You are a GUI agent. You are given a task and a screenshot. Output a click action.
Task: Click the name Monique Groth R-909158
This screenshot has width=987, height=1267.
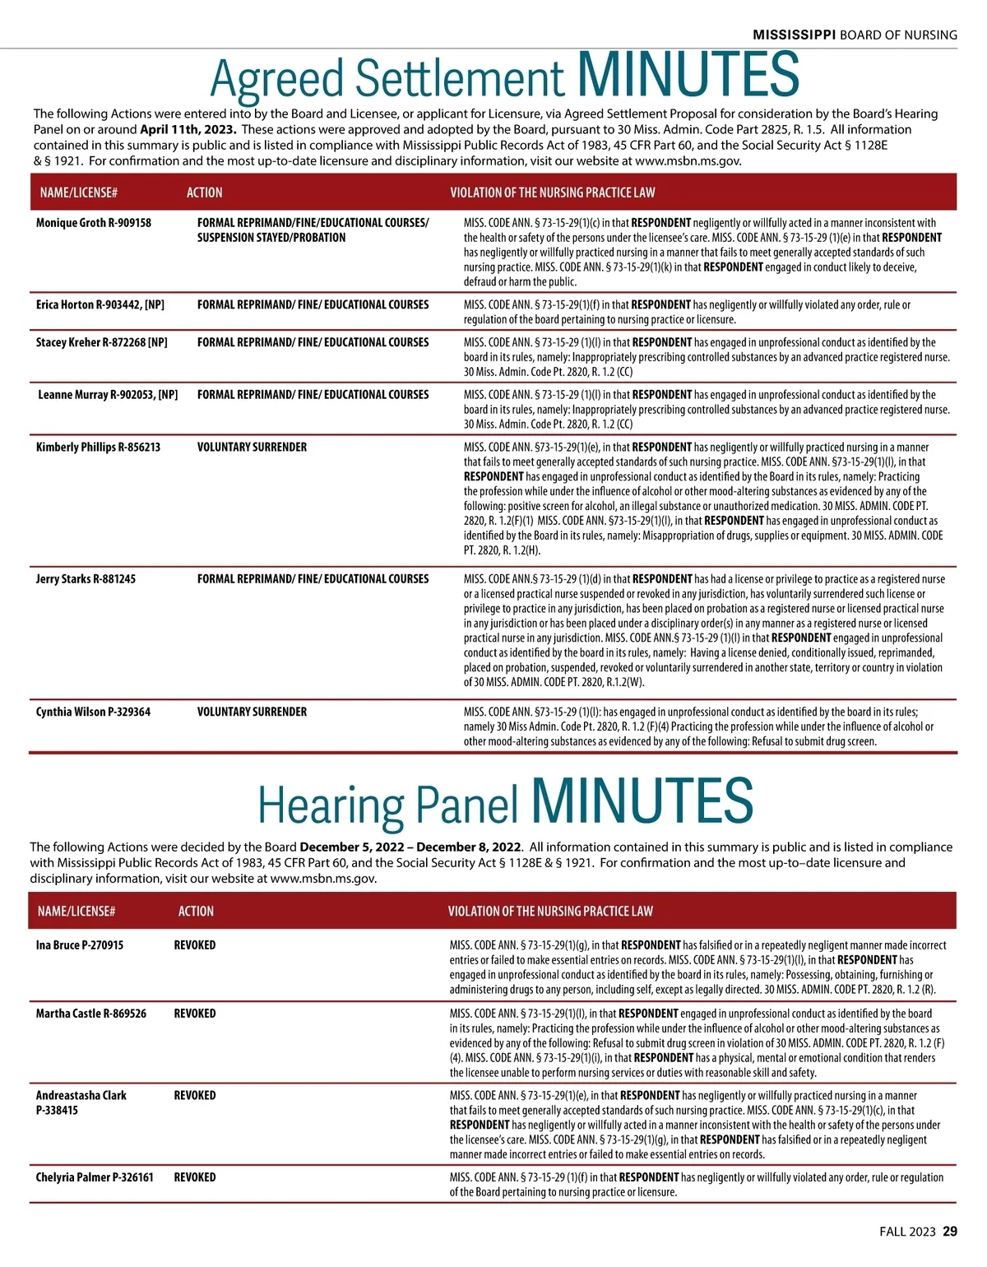pyautogui.click(x=94, y=223)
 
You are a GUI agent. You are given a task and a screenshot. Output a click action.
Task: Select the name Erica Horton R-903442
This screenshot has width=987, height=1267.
pyautogui.click(x=100, y=305)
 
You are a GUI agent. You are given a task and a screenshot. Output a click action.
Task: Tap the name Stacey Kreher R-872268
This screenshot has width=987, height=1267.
pyautogui.click(x=101, y=342)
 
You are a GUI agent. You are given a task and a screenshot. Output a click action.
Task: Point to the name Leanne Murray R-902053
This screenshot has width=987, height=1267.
pyautogui.click(x=108, y=395)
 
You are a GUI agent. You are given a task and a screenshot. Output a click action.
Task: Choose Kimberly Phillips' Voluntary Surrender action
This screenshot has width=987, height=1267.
pyautogui.click(x=252, y=448)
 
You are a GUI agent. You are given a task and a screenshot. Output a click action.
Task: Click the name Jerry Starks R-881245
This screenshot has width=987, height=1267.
pyautogui.click(x=86, y=579)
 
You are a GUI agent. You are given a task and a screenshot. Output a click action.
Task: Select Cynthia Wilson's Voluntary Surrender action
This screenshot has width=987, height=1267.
pyautogui.click(x=252, y=712)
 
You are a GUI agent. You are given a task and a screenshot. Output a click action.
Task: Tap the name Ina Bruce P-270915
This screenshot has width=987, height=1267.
pyautogui.click(x=80, y=945)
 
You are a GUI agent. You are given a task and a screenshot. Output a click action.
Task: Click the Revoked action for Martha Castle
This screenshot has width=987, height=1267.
pyautogui.click(x=195, y=1014)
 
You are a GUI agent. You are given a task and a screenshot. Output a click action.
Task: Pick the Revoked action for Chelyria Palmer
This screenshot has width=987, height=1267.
pyautogui.click(x=195, y=1177)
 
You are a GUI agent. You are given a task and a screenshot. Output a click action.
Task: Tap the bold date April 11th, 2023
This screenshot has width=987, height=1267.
pyautogui.click(x=188, y=129)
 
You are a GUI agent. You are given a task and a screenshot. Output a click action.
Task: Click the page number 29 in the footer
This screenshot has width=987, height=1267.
pyautogui.click(x=950, y=1232)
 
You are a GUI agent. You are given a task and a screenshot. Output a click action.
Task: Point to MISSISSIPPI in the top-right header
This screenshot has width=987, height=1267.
pyautogui.click(x=794, y=35)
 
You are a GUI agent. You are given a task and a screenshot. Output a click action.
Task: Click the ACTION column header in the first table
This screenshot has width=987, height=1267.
pyautogui.click(x=205, y=193)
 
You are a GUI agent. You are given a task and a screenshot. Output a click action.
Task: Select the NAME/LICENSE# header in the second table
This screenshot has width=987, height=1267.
pyautogui.click(x=76, y=912)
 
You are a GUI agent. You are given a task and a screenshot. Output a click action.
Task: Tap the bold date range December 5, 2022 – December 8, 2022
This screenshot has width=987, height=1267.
pyautogui.click(x=410, y=847)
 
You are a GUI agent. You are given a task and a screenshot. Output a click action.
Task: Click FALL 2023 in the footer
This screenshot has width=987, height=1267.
pyautogui.click(x=907, y=1232)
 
